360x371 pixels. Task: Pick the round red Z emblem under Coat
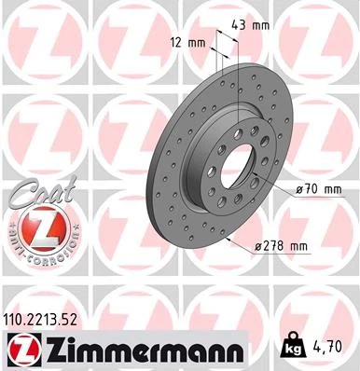coord(37,229)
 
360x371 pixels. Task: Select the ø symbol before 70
coord(298,189)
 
